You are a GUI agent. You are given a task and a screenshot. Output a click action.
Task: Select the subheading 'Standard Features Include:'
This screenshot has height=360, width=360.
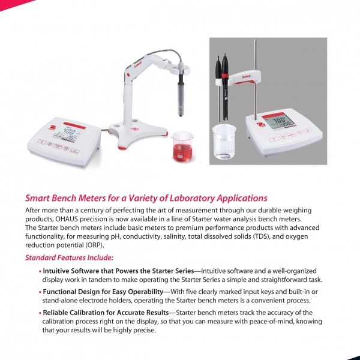click(65, 258)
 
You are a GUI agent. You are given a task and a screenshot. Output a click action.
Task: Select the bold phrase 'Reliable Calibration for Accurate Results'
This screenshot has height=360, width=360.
click(106, 313)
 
